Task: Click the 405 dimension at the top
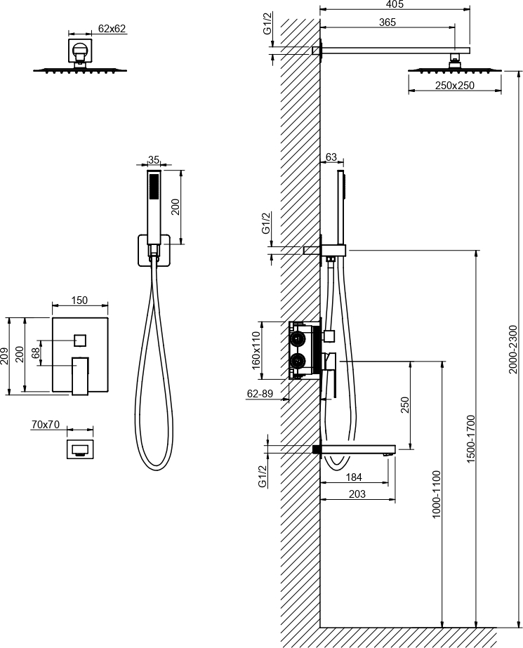(x=395, y=4)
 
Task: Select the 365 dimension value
(x=388, y=22)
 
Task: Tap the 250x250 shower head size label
(x=454, y=86)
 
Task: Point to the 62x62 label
(x=112, y=29)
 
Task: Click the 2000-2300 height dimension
(x=512, y=349)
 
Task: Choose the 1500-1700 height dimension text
(x=471, y=439)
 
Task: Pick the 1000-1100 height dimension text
(x=437, y=494)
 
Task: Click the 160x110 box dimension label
(x=256, y=350)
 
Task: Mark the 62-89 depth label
(x=260, y=394)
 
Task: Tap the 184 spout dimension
(x=354, y=477)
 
